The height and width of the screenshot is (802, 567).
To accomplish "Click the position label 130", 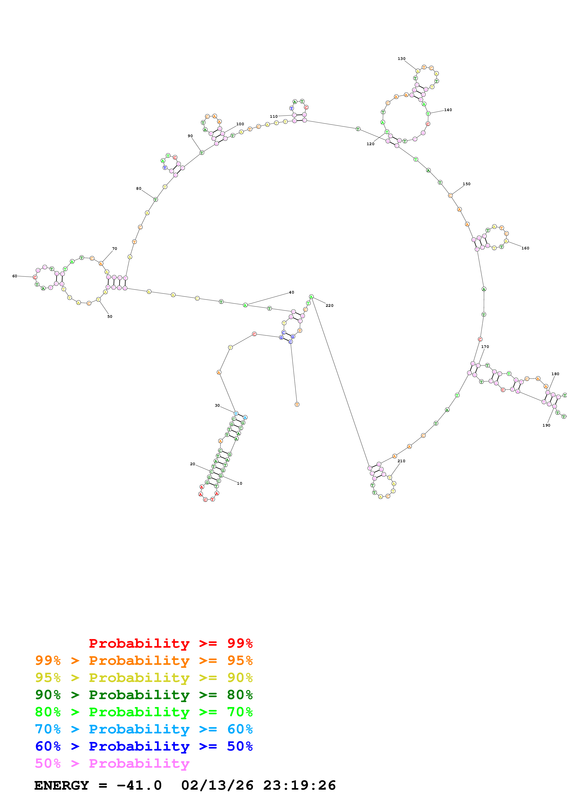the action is click(x=401, y=59).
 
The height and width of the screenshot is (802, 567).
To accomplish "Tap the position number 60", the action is click(x=15, y=276).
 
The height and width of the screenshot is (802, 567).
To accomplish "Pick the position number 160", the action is click(x=525, y=248).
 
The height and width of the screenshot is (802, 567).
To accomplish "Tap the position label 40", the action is click(x=291, y=292).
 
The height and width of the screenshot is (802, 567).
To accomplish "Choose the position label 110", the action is click(x=274, y=116).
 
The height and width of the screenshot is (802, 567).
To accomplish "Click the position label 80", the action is click(x=139, y=189).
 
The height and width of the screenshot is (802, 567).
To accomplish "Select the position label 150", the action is click(x=466, y=184).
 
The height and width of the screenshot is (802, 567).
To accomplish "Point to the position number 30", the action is click(x=217, y=406).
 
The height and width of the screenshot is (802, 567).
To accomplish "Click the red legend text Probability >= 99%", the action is click(x=170, y=643).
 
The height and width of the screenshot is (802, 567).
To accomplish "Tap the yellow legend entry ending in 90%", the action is click(x=144, y=677).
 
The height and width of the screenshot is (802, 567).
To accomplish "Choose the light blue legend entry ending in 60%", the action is click(x=144, y=729).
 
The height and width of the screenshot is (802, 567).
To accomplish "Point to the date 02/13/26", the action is click(x=217, y=785).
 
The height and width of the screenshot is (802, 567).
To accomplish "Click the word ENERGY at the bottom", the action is click(x=62, y=785).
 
